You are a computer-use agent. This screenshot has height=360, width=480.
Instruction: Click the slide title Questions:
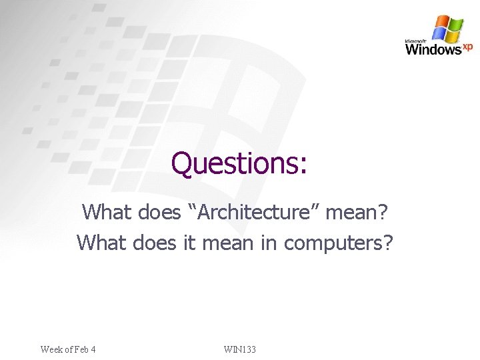click(x=239, y=163)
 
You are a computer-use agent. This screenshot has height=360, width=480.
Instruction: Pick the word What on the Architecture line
click(x=107, y=213)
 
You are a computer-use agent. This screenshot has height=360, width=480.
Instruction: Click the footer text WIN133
click(x=240, y=349)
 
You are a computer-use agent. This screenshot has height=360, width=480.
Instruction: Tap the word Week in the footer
click(x=51, y=349)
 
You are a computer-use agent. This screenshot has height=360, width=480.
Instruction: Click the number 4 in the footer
click(x=93, y=349)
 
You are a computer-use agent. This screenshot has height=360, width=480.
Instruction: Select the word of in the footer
click(x=67, y=349)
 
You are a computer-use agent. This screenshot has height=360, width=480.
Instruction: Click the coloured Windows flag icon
click(x=447, y=29)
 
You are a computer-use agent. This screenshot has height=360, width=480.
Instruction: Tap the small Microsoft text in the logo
click(x=415, y=41)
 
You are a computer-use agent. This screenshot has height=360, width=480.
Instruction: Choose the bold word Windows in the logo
click(x=433, y=49)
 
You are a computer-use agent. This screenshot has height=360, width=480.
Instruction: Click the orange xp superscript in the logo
click(x=468, y=46)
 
